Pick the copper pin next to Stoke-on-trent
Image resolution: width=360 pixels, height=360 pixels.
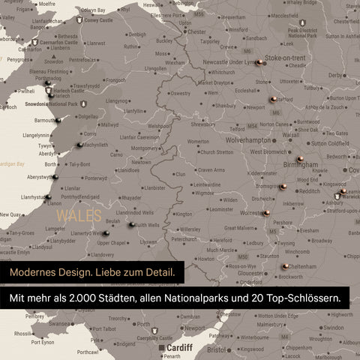point(259,63)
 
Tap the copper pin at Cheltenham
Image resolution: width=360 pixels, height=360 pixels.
point(285,265)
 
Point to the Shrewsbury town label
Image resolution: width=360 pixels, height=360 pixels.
point(203,124)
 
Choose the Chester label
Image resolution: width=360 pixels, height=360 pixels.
point(196,32)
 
